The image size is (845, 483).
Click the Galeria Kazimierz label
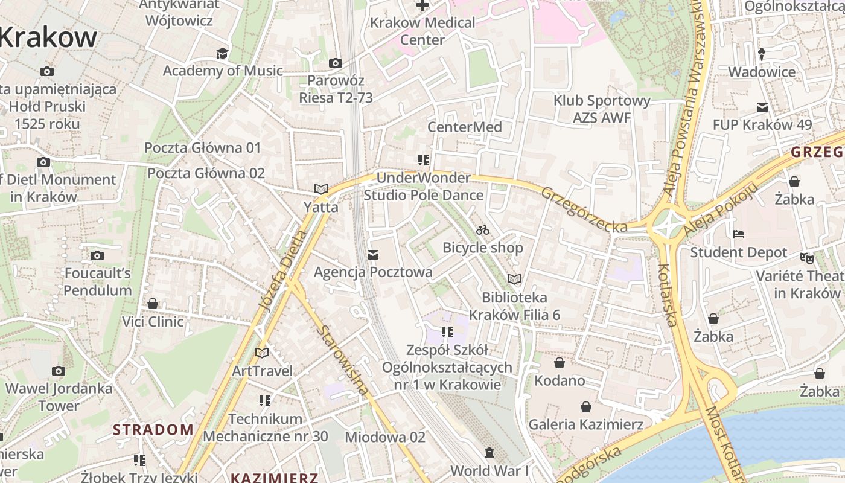(585, 424)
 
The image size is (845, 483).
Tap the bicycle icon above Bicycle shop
(482, 230)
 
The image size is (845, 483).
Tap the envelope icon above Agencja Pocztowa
(373, 255)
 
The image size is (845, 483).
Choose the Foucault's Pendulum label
(98, 281)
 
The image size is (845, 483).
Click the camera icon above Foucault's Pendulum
(97, 255)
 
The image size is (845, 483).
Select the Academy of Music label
(223, 71)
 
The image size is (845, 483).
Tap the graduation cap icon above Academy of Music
(223, 53)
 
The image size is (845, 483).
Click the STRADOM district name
(153, 430)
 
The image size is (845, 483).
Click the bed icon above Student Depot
(739, 234)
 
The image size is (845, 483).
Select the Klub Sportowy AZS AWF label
(602, 109)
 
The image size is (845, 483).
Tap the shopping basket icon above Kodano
(560, 363)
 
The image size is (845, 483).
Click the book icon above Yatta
(320, 190)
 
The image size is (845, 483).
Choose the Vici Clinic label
(153, 321)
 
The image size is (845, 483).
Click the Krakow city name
(48, 37)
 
